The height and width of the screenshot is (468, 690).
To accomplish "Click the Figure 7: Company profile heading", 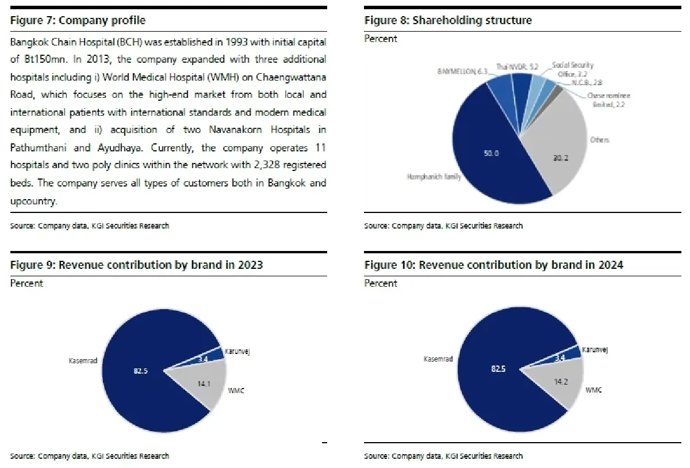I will click(x=78, y=21).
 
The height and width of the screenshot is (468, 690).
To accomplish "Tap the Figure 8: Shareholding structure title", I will click(x=448, y=21).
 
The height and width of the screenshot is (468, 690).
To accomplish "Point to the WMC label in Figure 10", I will click(x=593, y=390).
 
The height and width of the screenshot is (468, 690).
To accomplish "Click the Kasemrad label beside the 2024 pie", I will click(x=438, y=359).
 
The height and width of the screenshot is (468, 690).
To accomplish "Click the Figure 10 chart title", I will click(x=493, y=265).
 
